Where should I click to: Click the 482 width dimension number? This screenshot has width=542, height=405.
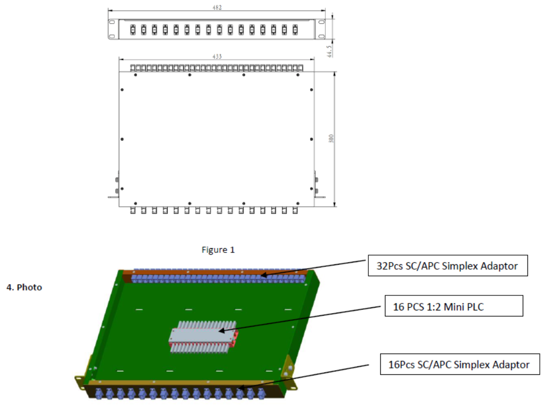pos(217,8)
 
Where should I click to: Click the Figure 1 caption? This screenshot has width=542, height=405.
pos(218,250)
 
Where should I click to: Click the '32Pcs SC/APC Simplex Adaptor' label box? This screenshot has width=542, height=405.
pos(447,266)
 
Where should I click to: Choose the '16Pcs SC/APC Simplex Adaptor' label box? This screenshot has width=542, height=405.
pos(459,365)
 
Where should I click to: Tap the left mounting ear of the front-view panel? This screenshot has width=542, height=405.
pos(112,29)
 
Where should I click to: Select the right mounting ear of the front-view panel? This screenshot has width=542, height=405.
pos(321,29)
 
